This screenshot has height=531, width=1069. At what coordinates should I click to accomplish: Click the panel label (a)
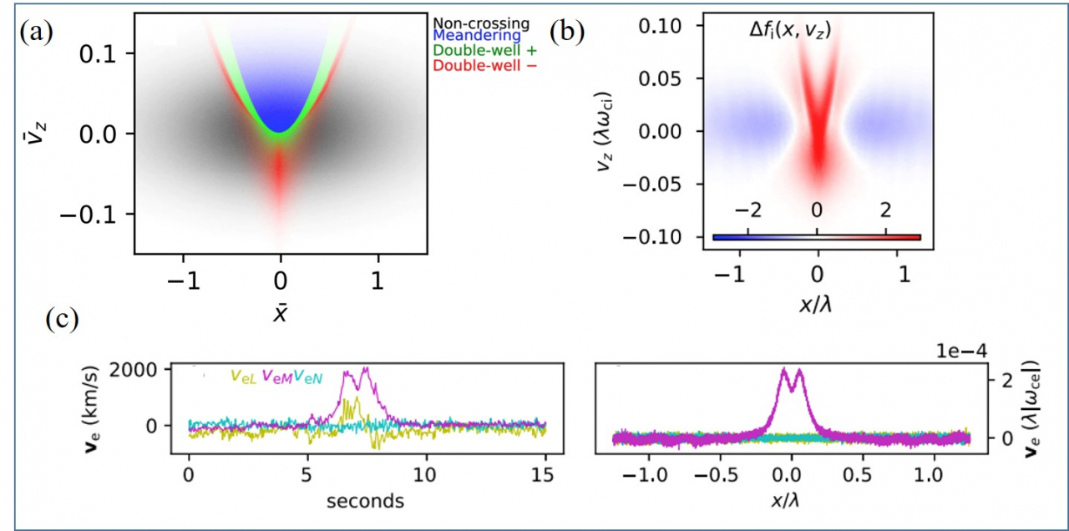36,33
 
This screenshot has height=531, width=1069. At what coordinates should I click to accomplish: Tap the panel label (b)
566,33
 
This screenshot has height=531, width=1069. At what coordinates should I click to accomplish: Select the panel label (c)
63,319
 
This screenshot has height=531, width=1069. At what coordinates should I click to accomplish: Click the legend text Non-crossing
481,23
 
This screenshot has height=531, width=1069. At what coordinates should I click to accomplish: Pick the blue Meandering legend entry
477,36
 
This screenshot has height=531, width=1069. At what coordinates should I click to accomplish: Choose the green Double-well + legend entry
485,50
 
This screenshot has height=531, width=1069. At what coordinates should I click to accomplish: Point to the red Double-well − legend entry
485,65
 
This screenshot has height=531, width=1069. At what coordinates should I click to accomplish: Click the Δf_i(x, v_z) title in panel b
790,31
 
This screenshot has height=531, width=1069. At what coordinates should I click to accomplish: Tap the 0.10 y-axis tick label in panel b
660,26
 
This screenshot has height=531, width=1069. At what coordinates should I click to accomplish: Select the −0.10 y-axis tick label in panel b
652,236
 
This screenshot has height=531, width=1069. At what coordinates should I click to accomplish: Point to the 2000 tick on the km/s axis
133,370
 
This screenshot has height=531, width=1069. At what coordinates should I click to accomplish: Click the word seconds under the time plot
365,502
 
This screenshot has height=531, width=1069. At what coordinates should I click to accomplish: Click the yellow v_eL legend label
244,377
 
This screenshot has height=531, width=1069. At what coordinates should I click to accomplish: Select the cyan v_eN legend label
308,377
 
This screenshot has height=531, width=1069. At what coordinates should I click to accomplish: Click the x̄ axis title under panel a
280,312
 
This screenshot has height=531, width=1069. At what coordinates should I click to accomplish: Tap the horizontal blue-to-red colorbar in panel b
817,237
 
